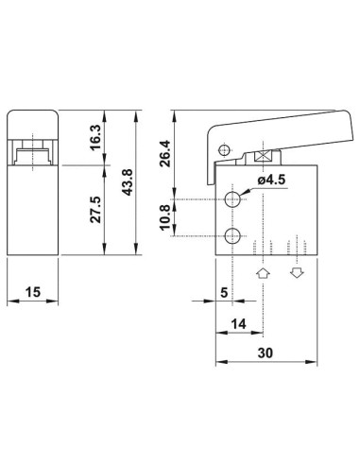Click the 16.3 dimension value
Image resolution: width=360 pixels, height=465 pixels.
click(x=96, y=137)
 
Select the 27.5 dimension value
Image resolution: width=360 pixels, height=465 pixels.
click(x=95, y=210)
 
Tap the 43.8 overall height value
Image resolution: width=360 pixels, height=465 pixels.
click(x=128, y=182)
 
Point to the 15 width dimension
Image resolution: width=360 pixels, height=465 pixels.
click(x=33, y=292)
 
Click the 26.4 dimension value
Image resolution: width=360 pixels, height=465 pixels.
click(x=165, y=153)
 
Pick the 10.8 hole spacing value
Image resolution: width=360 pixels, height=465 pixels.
click(x=165, y=217)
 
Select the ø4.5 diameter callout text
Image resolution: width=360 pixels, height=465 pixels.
click(x=271, y=180)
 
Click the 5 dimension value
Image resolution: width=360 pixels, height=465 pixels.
click(x=224, y=293)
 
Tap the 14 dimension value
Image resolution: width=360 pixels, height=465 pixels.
click(x=238, y=324)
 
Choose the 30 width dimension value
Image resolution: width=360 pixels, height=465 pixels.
click(x=266, y=353)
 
